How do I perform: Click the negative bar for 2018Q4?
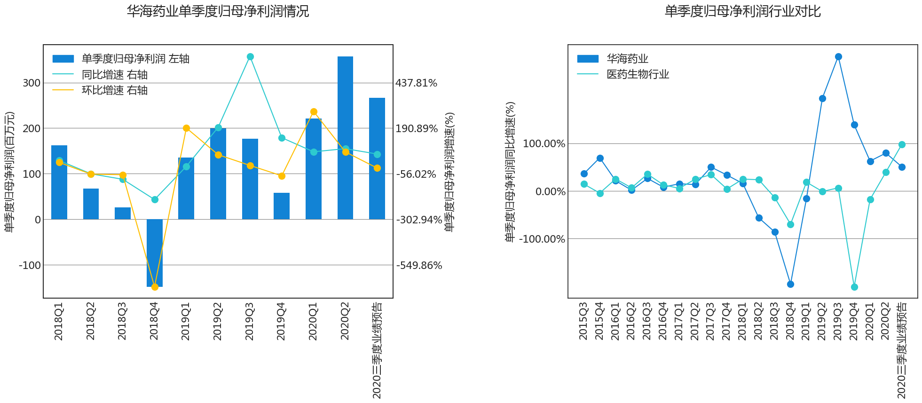tap(155, 253)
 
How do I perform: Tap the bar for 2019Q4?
tap(282, 206)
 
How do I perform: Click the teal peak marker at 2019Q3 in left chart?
tap(250, 57)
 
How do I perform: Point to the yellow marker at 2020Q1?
tap(314, 112)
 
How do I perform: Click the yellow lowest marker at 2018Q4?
tap(155, 287)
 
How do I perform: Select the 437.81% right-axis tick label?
tap(416, 83)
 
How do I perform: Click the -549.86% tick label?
tap(419, 265)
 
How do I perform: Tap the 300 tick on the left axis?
tap(32, 83)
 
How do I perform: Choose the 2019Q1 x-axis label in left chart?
tap(186, 322)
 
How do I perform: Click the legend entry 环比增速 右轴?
tap(114, 90)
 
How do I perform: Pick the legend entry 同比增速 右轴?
tap(114, 75)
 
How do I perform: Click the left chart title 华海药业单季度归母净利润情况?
tap(218, 11)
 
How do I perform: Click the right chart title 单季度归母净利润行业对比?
tap(742, 11)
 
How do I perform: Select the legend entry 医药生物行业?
tap(638, 74)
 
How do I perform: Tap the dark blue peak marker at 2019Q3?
tap(838, 57)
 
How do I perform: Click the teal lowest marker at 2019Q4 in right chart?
tap(854, 287)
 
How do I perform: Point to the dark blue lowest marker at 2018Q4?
tap(790, 284)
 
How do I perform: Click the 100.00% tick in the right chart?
tap(544, 144)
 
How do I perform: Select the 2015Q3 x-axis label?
tap(583, 322)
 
